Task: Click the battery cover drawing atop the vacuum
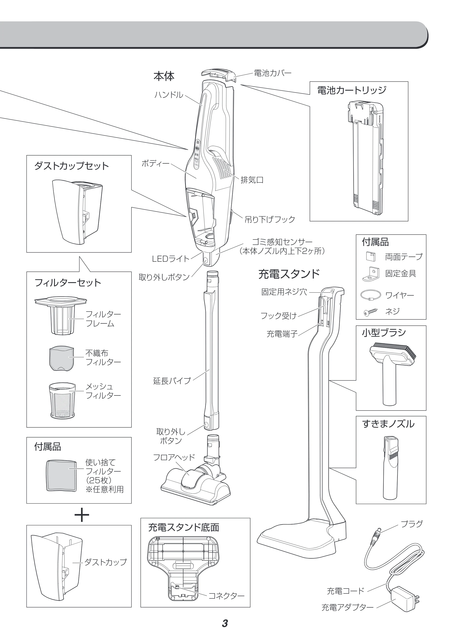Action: [218, 75]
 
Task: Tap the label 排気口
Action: [252, 180]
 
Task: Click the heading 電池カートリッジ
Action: [352, 90]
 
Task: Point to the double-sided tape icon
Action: [370, 256]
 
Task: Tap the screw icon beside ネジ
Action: [370, 312]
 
